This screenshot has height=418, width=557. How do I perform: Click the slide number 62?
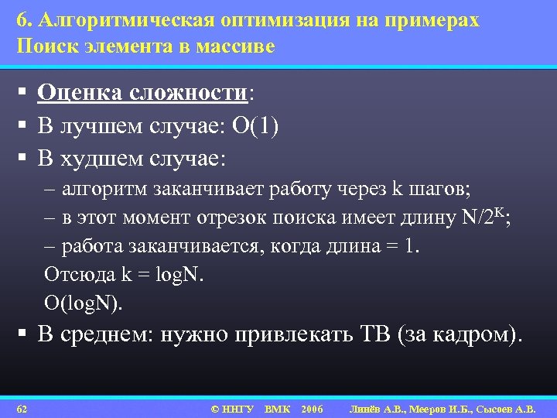tap(22, 408)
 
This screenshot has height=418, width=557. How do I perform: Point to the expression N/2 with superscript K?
tap(483, 217)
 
